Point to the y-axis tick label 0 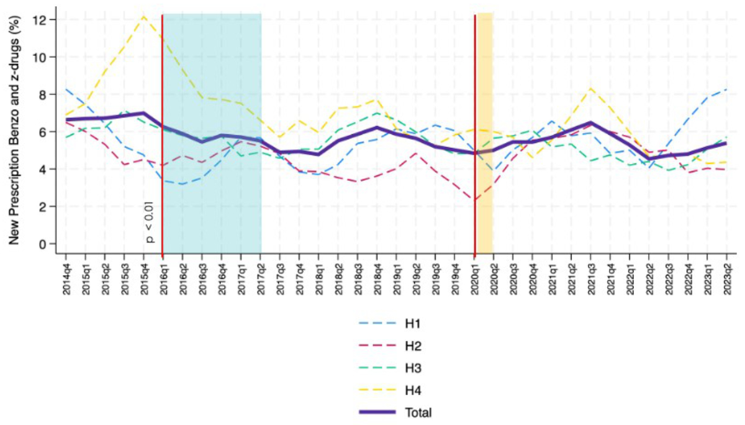43,244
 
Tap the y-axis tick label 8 43,94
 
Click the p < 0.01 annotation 150,222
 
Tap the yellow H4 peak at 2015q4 143,16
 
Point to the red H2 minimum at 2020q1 474,200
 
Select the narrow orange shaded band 484,134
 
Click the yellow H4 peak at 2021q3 591,88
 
